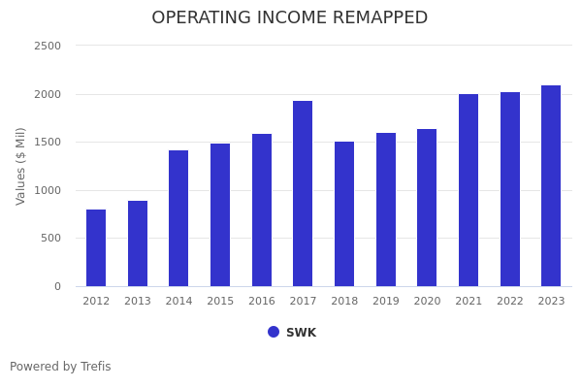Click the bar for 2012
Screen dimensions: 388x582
coord(96,247)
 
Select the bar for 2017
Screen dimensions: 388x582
coord(303,193)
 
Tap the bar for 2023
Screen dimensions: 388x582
coord(551,185)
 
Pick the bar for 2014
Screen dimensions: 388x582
coord(178,218)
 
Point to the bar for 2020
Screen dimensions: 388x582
coord(427,208)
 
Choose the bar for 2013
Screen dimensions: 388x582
coord(138,243)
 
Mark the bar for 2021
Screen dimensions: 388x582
coord(469,190)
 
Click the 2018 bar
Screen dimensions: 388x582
coord(344,213)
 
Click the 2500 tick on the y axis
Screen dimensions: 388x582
coord(48,46)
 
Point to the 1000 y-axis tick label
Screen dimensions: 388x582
coord(48,190)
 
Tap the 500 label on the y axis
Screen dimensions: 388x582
coord(50,239)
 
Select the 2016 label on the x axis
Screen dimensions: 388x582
coord(262,302)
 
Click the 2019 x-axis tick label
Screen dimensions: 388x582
coord(386,302)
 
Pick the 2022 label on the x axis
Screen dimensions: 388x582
coord(510,302)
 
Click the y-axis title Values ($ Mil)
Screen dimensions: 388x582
coord(21,166)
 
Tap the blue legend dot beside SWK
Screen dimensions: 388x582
coord(274,332)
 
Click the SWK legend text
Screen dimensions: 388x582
coord(301,333)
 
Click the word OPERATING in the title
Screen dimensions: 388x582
coord(197,18)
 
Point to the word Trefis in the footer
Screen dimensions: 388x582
coord(95,367)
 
